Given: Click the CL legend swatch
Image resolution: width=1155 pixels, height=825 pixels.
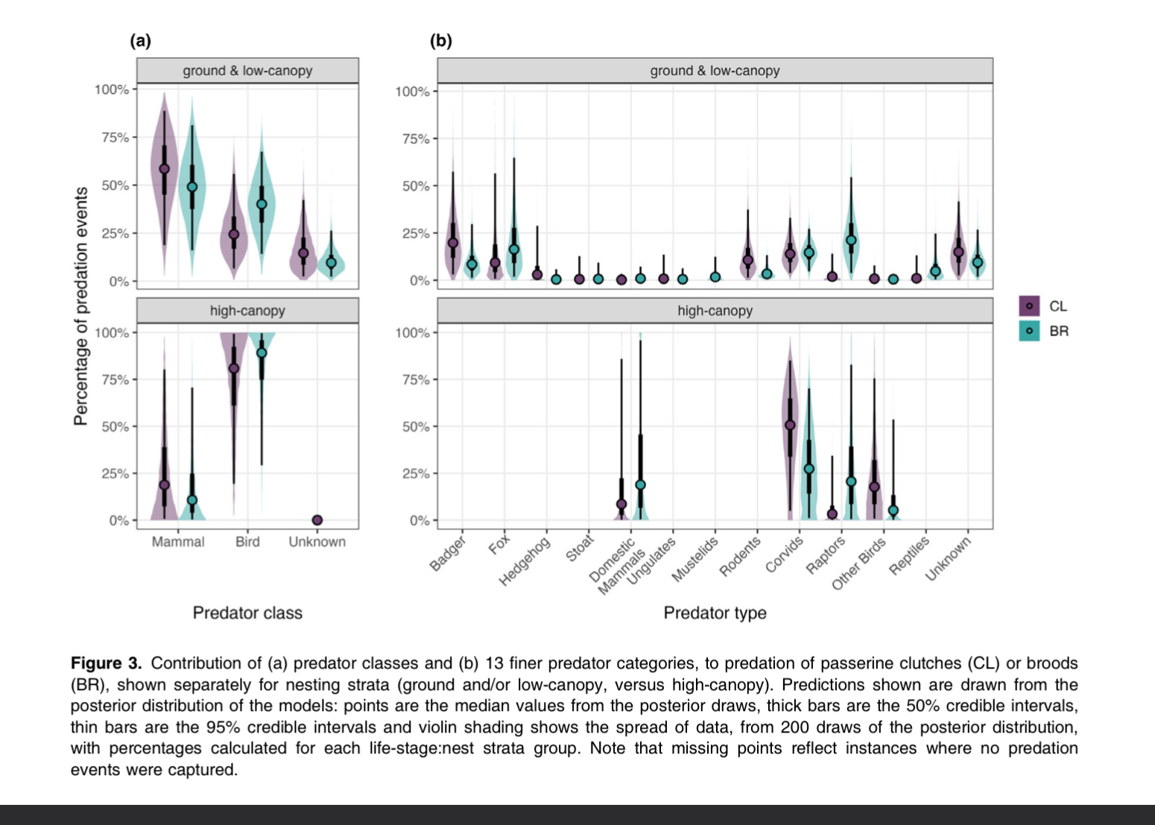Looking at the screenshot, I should click(x=1029, y=306).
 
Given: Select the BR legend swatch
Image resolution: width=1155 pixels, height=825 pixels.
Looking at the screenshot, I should click(x=1029, y=331).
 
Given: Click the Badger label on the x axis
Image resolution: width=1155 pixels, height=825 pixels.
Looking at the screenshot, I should click(x=448, y=553).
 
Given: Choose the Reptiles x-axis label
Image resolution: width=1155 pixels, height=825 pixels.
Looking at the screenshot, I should click(x=909, y=556).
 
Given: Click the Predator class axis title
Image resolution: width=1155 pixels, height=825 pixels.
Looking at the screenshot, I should click(x=247, y=613).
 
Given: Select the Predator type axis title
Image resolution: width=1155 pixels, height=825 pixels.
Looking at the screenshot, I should click(x=715, y=613).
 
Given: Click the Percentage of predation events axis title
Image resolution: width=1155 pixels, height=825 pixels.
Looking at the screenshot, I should click(x=80, y=306).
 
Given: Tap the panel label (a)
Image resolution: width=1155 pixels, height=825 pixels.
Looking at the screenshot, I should click(x=140, y=41).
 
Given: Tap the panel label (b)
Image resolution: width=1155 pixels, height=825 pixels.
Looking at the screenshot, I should click(x=441, y=41).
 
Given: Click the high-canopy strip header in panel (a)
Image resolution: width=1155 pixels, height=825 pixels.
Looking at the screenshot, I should click(x=247, y=311).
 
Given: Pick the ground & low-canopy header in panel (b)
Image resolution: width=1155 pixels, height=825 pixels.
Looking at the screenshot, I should click(x=715, y=71).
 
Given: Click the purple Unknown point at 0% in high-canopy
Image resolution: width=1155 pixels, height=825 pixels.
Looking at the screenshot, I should click(x=317, y=520).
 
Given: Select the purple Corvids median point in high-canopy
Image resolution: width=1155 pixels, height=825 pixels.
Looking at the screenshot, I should click(x=790, y=426).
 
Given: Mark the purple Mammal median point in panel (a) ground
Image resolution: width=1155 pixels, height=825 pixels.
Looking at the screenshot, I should click(x=165, y=169).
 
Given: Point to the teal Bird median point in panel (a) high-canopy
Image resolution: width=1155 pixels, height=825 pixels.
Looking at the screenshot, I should click(x=262, y=353).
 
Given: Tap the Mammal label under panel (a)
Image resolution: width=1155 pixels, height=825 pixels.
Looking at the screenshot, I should click(x=178, y=542).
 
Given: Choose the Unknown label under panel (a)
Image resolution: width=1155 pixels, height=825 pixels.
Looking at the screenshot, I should click(x=317, y=542).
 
